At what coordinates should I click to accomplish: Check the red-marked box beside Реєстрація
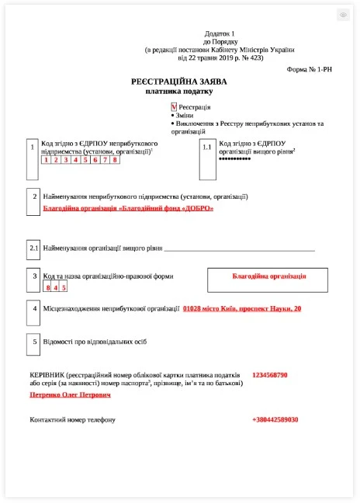[x=174, y=106]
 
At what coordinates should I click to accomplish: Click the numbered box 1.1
[x=207, y=147]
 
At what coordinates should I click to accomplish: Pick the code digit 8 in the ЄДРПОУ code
[x=114, y=160]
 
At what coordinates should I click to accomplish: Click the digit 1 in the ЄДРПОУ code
[x=46, y=160]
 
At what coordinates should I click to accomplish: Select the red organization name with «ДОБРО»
[x=127, y=208]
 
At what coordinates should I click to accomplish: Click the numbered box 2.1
[x=33, y=249]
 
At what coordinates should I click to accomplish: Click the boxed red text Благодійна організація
[x=269, y=276]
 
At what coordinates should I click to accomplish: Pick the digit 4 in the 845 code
[x=55, y=287]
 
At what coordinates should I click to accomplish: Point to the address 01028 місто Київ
[x=241, y=309]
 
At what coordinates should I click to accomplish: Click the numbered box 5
[x=33, y=341]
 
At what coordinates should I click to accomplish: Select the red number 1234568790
[x=269, y=375]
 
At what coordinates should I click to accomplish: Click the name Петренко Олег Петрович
[x=70, y=395]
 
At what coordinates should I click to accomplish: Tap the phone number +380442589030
[x=275, y=420]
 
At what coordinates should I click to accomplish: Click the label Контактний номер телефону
[x=72, y=420]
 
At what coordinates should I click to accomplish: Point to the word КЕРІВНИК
[x=47, y=375]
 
